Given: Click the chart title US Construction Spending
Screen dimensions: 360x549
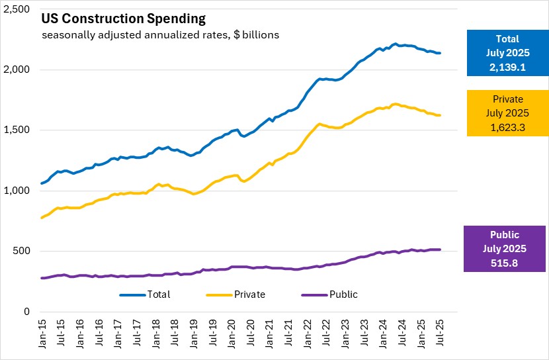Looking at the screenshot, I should [124, 19].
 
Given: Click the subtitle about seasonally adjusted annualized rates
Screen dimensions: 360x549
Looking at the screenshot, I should [160, 34].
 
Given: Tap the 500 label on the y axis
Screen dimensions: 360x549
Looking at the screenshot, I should [22, 251].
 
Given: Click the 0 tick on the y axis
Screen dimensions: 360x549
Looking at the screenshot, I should [26, 312].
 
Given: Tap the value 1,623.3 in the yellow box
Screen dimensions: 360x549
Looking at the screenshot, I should [506, 127].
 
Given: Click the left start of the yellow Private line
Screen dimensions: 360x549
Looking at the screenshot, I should [41, 218].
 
